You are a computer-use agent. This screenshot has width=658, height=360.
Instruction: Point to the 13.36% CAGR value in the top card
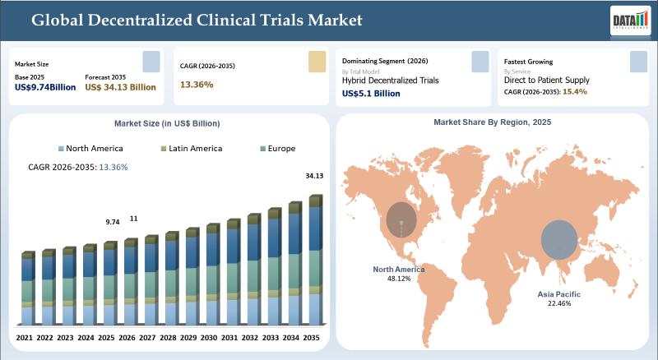point(197,84)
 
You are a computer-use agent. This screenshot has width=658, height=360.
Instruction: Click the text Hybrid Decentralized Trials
point(391,81)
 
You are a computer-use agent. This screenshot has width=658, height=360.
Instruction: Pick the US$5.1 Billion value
point(371,94)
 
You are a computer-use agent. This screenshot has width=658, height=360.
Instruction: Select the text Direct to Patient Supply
point(546,81)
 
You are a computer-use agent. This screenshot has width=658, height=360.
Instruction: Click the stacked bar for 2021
point(28,288)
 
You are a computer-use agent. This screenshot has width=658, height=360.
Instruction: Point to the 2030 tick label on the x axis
point(210,337)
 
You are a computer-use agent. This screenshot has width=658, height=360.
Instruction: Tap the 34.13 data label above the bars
point(313,175)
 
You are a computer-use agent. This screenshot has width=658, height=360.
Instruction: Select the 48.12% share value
point(398,279)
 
